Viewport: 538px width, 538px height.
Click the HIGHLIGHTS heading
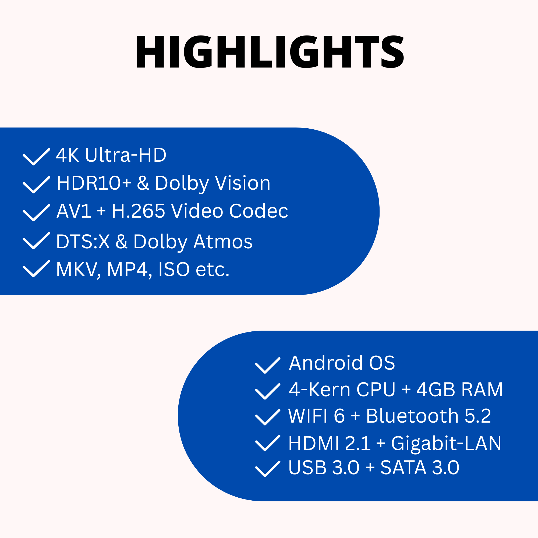[270, 52]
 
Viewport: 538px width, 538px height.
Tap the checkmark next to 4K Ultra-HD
[37, 157]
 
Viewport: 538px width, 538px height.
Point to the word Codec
[259, 211]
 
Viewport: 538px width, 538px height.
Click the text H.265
[138, 211]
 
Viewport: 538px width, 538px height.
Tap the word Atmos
[223, 242]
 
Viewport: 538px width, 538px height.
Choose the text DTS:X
[83, 242]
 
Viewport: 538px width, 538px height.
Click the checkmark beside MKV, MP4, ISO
[37, 268]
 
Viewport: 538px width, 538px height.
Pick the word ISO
[174, 269]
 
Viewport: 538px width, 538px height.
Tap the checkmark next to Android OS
[268, 365]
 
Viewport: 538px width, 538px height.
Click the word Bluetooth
[412, 416]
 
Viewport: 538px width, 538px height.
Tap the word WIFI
[308, 416]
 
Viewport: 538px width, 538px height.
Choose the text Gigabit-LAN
[446, 443]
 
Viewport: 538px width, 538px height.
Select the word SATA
[403, 468]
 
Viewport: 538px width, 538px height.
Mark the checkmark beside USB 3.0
[268, 469]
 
